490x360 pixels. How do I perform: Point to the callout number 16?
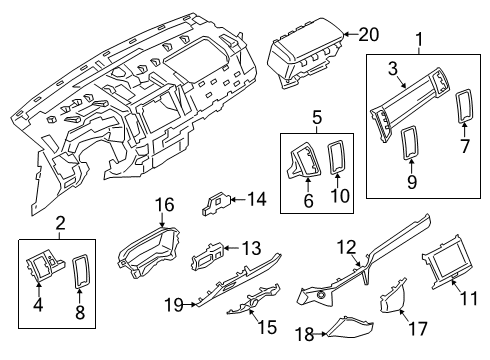click(x=163, y=206)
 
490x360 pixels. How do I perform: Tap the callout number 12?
click(x=345, y=247)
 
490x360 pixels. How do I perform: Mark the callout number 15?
click(x=266, y=326)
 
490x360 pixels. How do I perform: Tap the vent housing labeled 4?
click(x=48, y=269)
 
